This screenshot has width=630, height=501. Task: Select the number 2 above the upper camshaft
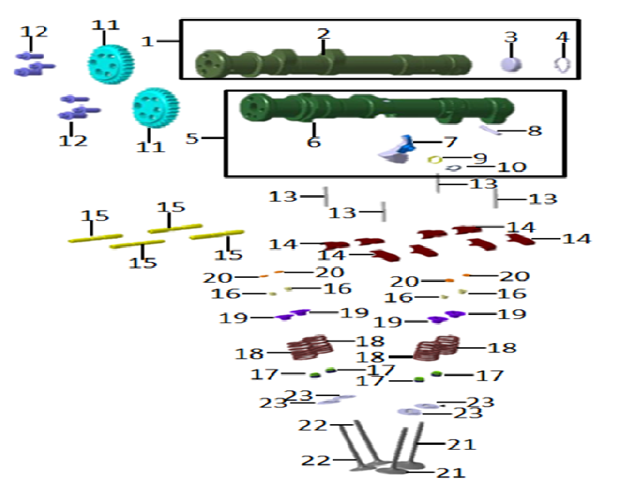click(323, 34)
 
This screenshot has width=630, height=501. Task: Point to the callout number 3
click(511, 38)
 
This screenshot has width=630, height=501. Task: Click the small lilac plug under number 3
click(512, 64)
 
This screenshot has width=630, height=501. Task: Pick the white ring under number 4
click(563, 64)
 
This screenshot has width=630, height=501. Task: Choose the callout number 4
click(563, 38)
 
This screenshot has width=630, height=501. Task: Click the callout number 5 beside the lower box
click(192, 138)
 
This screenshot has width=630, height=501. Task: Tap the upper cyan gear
click(111, 60)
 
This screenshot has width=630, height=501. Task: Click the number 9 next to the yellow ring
click(480, 157)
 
